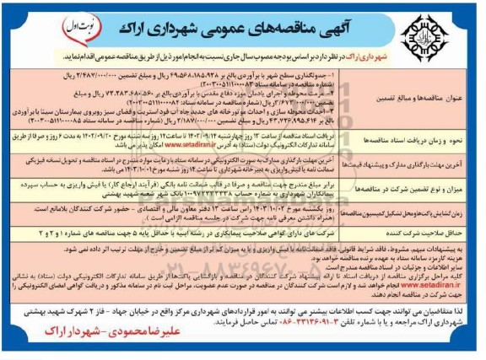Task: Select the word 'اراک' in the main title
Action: (101, 24)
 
